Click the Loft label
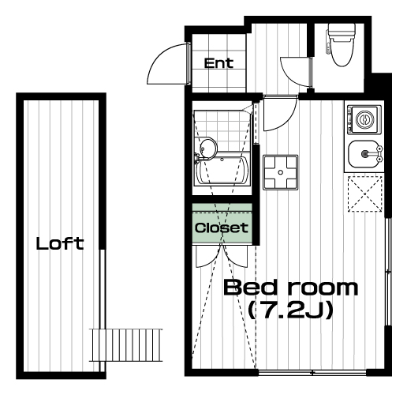click(60, 243)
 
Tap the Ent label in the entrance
click(218, 63)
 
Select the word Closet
click(222, 228)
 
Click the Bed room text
click(290, 288)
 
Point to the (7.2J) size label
click(290, 310)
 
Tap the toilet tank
click(342, 30)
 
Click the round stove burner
click(364, 119)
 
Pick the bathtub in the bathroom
click(222, 171)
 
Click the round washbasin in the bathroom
click(208, 149)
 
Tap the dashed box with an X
click(365, 194)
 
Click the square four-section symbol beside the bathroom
click(281, 172)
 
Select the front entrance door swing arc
click(158, 53)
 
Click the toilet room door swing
click(290, 77)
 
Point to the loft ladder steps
click(125, 345)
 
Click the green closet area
click(222, 224)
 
